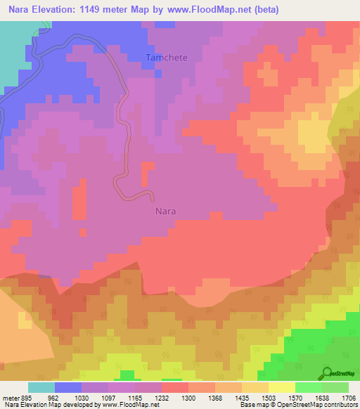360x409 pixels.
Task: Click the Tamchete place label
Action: point(167,58)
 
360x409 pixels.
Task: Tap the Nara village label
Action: point(165,210)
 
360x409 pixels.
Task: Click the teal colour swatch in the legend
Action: point(41,387)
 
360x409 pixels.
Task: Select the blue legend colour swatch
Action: point(68,387)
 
